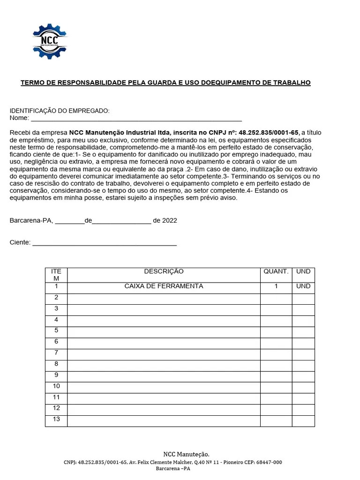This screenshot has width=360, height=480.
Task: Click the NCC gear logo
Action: coord(49,41)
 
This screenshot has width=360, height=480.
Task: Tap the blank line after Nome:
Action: coord(136,119)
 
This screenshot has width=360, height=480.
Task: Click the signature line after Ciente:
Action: coord(104,243)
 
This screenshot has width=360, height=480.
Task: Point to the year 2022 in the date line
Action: coord(170,221)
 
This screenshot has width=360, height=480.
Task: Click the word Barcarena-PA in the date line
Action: coord(31,221)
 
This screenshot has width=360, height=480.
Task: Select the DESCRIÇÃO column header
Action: coord(164,272)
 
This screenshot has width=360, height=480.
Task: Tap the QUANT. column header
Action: coord(276,272)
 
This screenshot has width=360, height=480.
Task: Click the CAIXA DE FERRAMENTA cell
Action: coord(164,286)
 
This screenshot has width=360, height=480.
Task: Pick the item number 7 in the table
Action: coord(56,352)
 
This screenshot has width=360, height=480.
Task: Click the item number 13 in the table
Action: coord(56,419)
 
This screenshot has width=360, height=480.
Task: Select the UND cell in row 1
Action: coord(303,286)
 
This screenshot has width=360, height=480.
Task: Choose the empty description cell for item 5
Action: coord(164,332)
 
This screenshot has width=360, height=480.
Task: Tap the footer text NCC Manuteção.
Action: coord(186,454)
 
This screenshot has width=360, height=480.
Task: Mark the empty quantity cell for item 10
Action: coord(276,388)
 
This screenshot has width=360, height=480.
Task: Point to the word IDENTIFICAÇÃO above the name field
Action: coord(32,111)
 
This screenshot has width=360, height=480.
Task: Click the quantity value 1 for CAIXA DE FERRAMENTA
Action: coord(276,286)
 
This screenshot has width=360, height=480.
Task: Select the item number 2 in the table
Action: coord(56,298)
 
